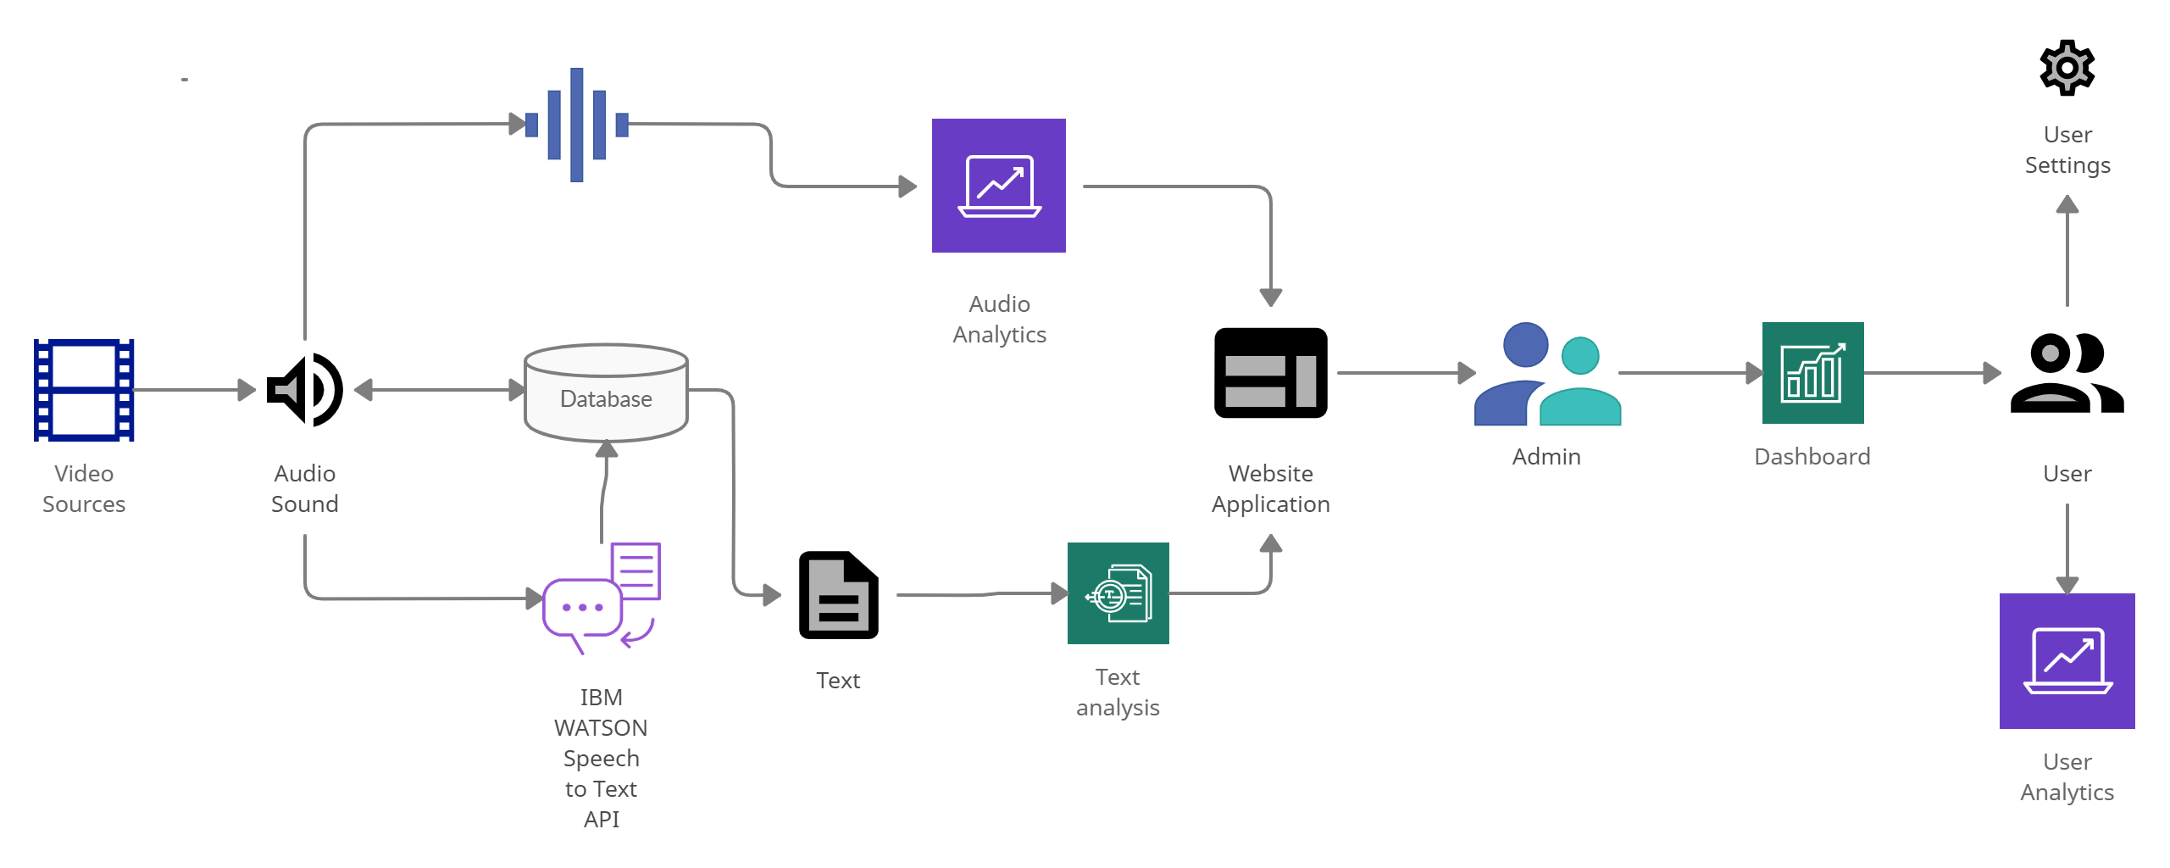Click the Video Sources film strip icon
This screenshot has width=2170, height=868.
[84, 390]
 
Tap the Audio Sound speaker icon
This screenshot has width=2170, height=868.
[305, 390]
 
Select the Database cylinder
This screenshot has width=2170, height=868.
[606, 393]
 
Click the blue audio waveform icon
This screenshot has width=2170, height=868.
[576, 125]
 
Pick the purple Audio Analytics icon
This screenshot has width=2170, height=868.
[999, 186]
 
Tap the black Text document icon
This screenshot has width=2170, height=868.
[838, 595]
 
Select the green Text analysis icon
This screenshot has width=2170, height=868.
[1118, 593]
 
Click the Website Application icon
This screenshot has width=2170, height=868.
[1270, 373]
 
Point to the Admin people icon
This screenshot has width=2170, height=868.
[1547, 374]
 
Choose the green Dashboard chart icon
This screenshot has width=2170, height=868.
[1812, 373]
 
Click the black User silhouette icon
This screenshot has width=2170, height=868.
[2067, 373]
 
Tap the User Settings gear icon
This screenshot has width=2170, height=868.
[2067, 68]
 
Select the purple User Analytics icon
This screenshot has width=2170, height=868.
[2067, 661]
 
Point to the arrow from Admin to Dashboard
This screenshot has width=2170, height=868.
[1690, 373]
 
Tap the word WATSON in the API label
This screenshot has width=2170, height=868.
[601, 728]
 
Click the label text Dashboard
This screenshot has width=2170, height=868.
[1812, 457]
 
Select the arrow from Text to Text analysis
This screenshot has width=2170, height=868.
[983, 594]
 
